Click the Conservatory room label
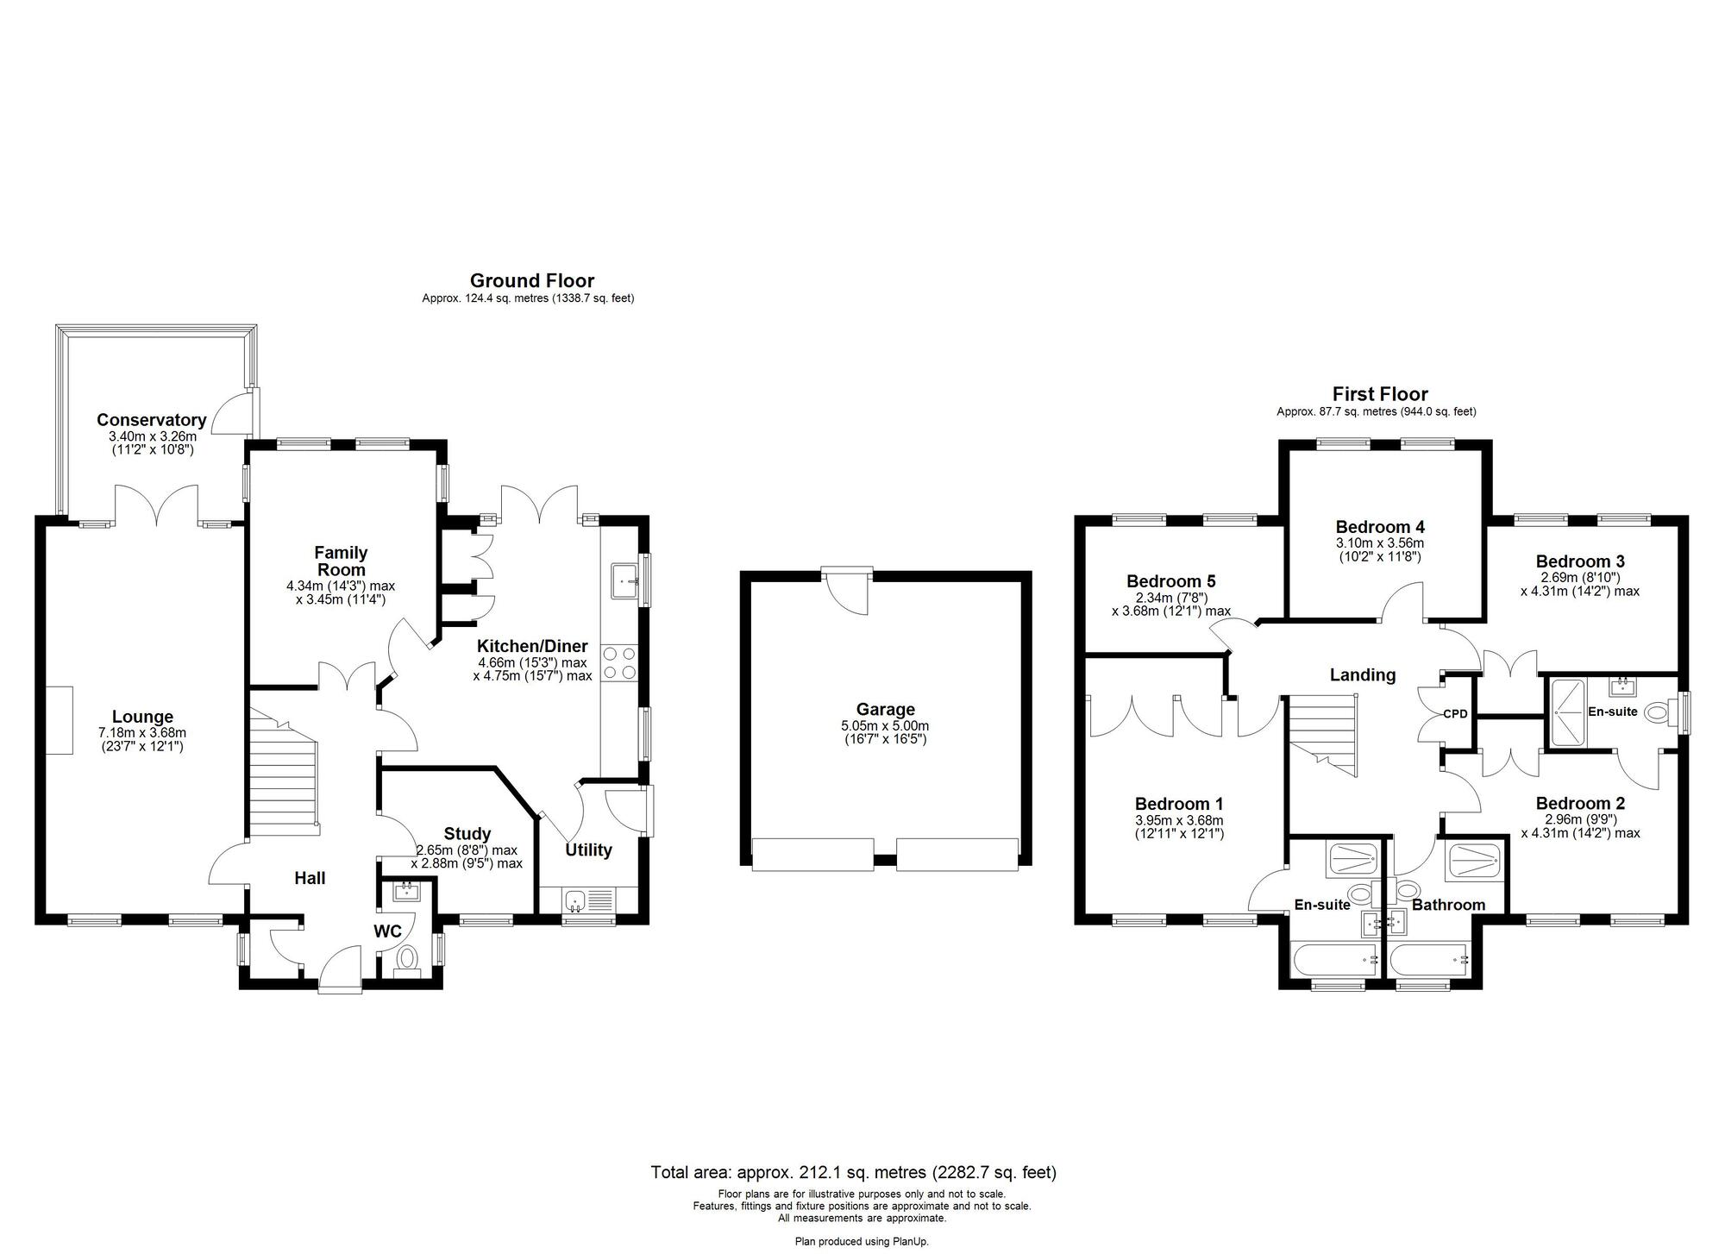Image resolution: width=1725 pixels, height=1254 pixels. pos(151,420)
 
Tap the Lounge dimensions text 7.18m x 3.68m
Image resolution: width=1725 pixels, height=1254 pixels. pos(141,733)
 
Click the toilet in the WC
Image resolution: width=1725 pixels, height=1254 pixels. pos(406,957)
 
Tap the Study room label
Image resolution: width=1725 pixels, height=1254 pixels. pos(467,833)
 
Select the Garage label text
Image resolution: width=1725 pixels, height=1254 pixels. pos(885,709)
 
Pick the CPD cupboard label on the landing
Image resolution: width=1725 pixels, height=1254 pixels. pos(1455,714)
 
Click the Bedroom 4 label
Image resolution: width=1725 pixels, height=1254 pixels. pos(1380,526)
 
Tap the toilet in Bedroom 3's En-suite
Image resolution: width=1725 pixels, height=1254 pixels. pos(1657,713)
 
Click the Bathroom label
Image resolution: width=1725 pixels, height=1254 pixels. pos(1448,905)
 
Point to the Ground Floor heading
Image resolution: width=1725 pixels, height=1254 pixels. pos(531,280)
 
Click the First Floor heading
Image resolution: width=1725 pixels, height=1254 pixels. pos(1379,394)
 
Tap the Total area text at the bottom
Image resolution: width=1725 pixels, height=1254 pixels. pos(853,1172)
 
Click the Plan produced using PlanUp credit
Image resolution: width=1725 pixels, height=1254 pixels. pos(862,1242)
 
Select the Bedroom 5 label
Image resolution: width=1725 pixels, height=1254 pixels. pos(1170,581)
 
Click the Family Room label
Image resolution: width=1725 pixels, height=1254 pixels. pos(341,561)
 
